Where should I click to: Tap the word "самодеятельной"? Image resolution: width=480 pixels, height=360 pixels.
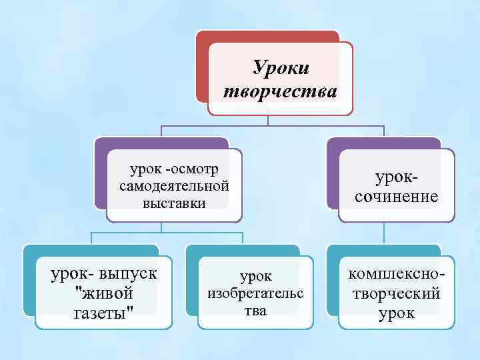(x=175, y=185)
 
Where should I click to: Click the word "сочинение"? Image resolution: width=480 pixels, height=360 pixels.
(x=397, y=196)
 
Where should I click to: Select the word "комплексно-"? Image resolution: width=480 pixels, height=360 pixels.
(x=397, y=275)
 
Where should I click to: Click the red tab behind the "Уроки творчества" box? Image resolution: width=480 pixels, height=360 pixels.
(x=202, y=67)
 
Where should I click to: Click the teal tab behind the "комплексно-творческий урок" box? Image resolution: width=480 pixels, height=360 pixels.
(x=332, y=280)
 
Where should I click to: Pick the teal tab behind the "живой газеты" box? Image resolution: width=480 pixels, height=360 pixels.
(x=28, y=280)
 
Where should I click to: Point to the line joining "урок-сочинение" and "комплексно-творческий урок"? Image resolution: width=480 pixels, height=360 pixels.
(x=383, y=232)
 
